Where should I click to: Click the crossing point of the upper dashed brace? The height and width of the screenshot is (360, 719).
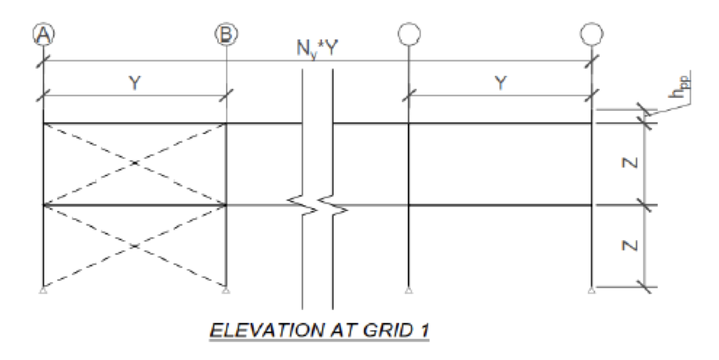(135, 164)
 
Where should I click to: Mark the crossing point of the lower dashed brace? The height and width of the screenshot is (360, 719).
(135, 246)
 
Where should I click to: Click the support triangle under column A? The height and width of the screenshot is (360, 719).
(43, 290)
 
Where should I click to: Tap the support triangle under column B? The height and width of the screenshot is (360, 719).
(226, 290)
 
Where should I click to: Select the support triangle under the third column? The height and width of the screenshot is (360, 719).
(408, 290)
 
